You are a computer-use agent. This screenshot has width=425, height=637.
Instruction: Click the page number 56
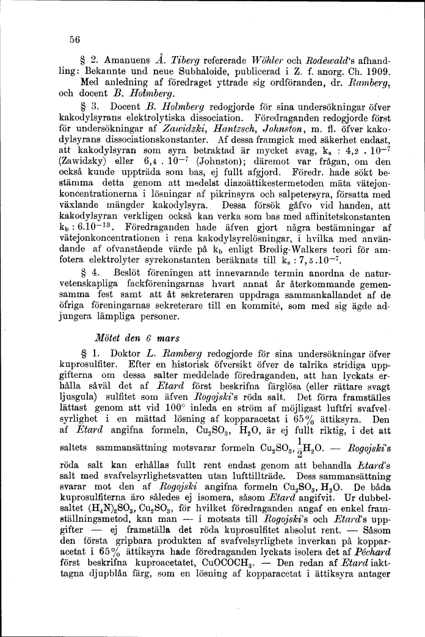tap(74, 38)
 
